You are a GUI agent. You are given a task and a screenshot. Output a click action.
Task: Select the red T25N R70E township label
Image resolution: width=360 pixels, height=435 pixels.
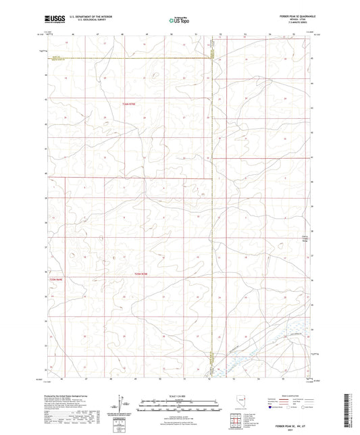coord(139,274)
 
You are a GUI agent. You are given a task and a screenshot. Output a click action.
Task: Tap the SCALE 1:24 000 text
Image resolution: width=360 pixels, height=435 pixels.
coord(180,396)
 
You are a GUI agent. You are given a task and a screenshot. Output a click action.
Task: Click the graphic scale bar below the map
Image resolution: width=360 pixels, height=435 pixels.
coord(180,404)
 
